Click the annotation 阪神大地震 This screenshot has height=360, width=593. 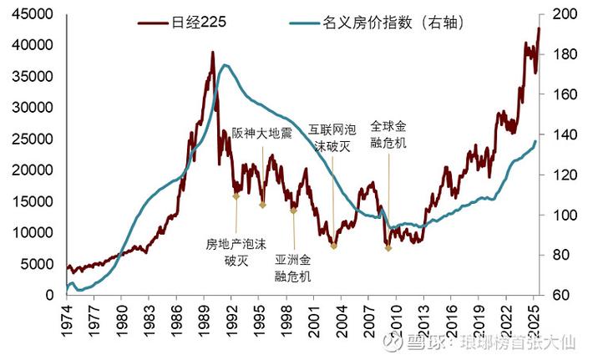[x=261, y=134]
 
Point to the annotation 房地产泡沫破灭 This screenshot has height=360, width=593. [x=236, y=251]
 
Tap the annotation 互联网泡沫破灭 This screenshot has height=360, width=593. [x=332, y=137]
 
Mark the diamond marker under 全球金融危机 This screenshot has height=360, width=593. [x=388, y=248]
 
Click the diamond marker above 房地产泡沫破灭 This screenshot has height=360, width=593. [x=236, y=196]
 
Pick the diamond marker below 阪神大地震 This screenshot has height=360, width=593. [x=262, y=205]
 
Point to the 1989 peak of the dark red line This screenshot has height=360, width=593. [x=212, y=53]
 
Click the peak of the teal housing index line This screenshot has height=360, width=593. [x=224, y=65]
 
